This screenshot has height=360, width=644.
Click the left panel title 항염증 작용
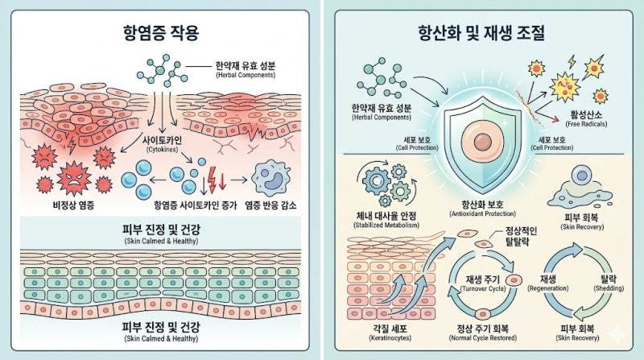(160, 32)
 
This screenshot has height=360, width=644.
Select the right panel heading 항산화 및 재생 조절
(481, 32)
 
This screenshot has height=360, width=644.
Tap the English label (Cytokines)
(163, 150)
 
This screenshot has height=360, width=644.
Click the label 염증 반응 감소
(270, 205)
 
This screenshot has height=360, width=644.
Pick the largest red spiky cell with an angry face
(74, 178)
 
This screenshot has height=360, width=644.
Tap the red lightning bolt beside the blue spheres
(213, 179)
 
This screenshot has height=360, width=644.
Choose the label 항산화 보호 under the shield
(482, 205)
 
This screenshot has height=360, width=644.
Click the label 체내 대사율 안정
(386, 215)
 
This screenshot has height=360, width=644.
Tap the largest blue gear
(376, 180)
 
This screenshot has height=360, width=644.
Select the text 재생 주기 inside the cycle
(482, 279)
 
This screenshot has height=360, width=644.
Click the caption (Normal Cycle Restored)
(482, 337)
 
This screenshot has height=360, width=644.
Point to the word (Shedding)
(609, 288)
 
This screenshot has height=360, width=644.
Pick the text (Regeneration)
(548, 288)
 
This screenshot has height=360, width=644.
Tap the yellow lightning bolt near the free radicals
(572, 61)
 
